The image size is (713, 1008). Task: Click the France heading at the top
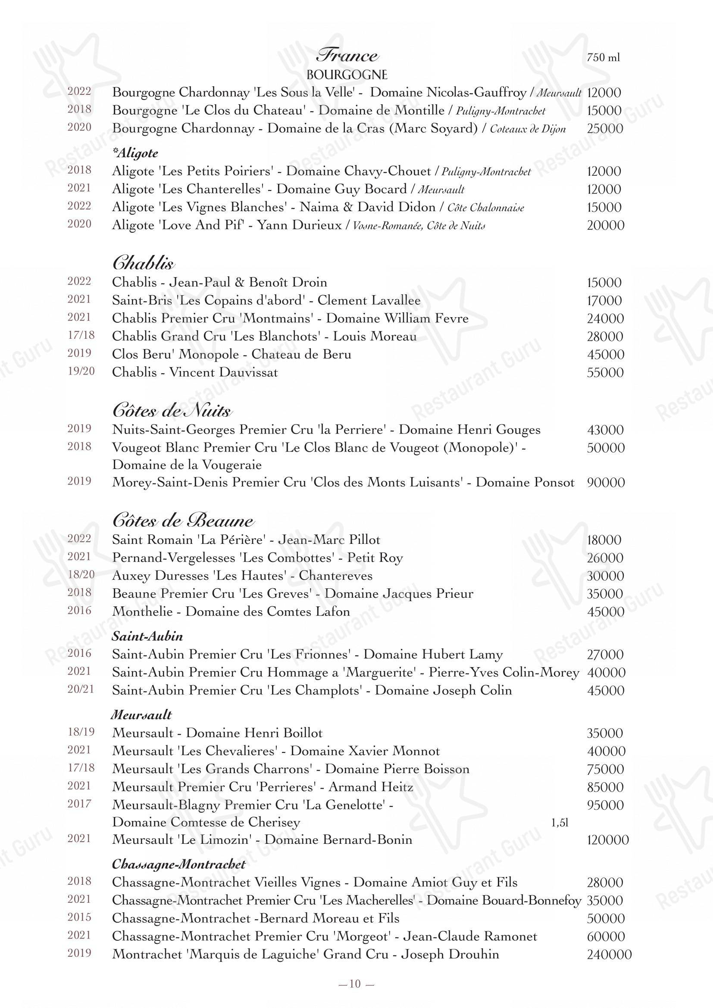347,56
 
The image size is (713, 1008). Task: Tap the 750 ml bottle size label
603,57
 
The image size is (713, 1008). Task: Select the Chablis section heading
143,263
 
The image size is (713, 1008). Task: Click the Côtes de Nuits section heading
172,411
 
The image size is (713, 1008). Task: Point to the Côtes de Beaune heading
183,521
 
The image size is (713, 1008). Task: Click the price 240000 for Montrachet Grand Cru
609,955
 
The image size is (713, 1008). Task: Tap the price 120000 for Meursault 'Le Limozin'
608,840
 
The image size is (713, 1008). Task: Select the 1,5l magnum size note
560,823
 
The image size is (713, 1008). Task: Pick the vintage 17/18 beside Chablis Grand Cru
81,336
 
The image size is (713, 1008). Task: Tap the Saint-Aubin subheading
147,636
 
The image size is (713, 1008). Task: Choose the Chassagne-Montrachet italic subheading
179,864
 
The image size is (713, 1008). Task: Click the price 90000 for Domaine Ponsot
605,483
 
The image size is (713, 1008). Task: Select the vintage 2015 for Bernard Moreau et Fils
79,917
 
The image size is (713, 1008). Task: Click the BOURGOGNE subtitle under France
347,75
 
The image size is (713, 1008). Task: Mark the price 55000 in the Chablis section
605,373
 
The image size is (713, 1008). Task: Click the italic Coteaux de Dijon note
527,129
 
